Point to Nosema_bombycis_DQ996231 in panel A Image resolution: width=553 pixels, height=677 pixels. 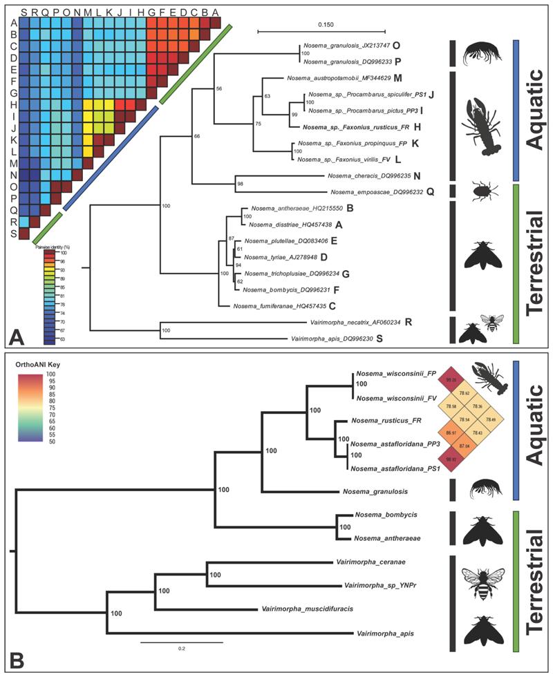point(293,289)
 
